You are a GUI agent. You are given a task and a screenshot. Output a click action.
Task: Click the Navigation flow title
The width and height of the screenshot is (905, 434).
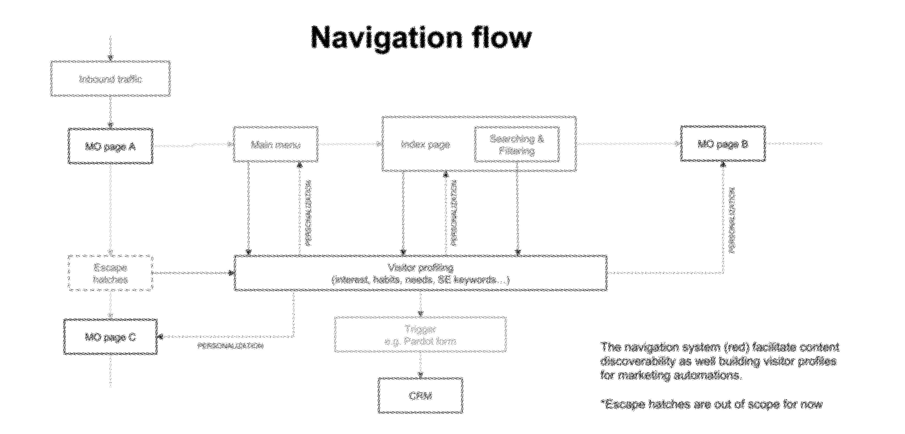tap(421, 38)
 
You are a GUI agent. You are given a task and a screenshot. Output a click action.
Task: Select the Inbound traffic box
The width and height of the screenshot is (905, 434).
tap(110, 79)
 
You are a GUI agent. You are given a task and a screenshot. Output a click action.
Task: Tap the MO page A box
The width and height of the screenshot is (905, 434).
tap(110, 146)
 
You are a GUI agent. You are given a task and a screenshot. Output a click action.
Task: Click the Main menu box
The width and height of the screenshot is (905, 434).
tap(276, 144)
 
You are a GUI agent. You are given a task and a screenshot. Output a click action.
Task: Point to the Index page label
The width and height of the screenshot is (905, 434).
tap(425, 144)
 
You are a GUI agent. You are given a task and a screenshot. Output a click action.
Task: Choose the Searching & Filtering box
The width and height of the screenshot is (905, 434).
tap(517, 144)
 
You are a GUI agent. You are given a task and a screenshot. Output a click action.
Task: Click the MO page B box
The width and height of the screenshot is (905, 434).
tap(723, 144)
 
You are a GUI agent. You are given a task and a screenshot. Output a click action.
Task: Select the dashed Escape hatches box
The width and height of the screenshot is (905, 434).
tap(110, 273)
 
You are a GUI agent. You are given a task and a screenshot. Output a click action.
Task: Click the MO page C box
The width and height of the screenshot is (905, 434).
tap(110, 337)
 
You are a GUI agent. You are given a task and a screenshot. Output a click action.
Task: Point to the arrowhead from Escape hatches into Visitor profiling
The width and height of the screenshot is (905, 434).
tap(231, 273)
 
